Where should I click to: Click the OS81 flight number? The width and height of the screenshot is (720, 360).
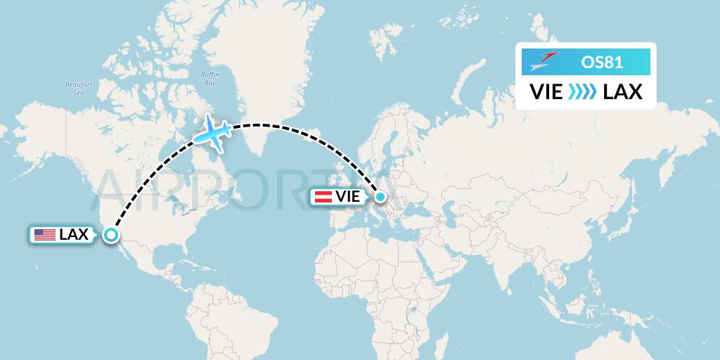coord(601,63)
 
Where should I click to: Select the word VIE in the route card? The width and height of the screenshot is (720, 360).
coord(546,92)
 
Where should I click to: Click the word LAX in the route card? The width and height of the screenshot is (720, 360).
coord(622,92)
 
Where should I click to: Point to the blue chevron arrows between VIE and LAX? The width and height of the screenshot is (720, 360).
coord(583,92)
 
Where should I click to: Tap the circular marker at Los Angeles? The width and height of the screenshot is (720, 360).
coord(111,235)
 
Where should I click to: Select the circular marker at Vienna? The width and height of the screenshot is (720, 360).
coord(380,198)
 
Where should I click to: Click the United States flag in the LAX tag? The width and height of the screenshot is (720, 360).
coord(45,235)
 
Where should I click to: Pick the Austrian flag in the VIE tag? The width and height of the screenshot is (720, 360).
coord(323,198)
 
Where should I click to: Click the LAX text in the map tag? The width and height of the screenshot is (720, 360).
coord(74,235)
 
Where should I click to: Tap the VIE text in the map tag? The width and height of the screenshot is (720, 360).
coord(348,198)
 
